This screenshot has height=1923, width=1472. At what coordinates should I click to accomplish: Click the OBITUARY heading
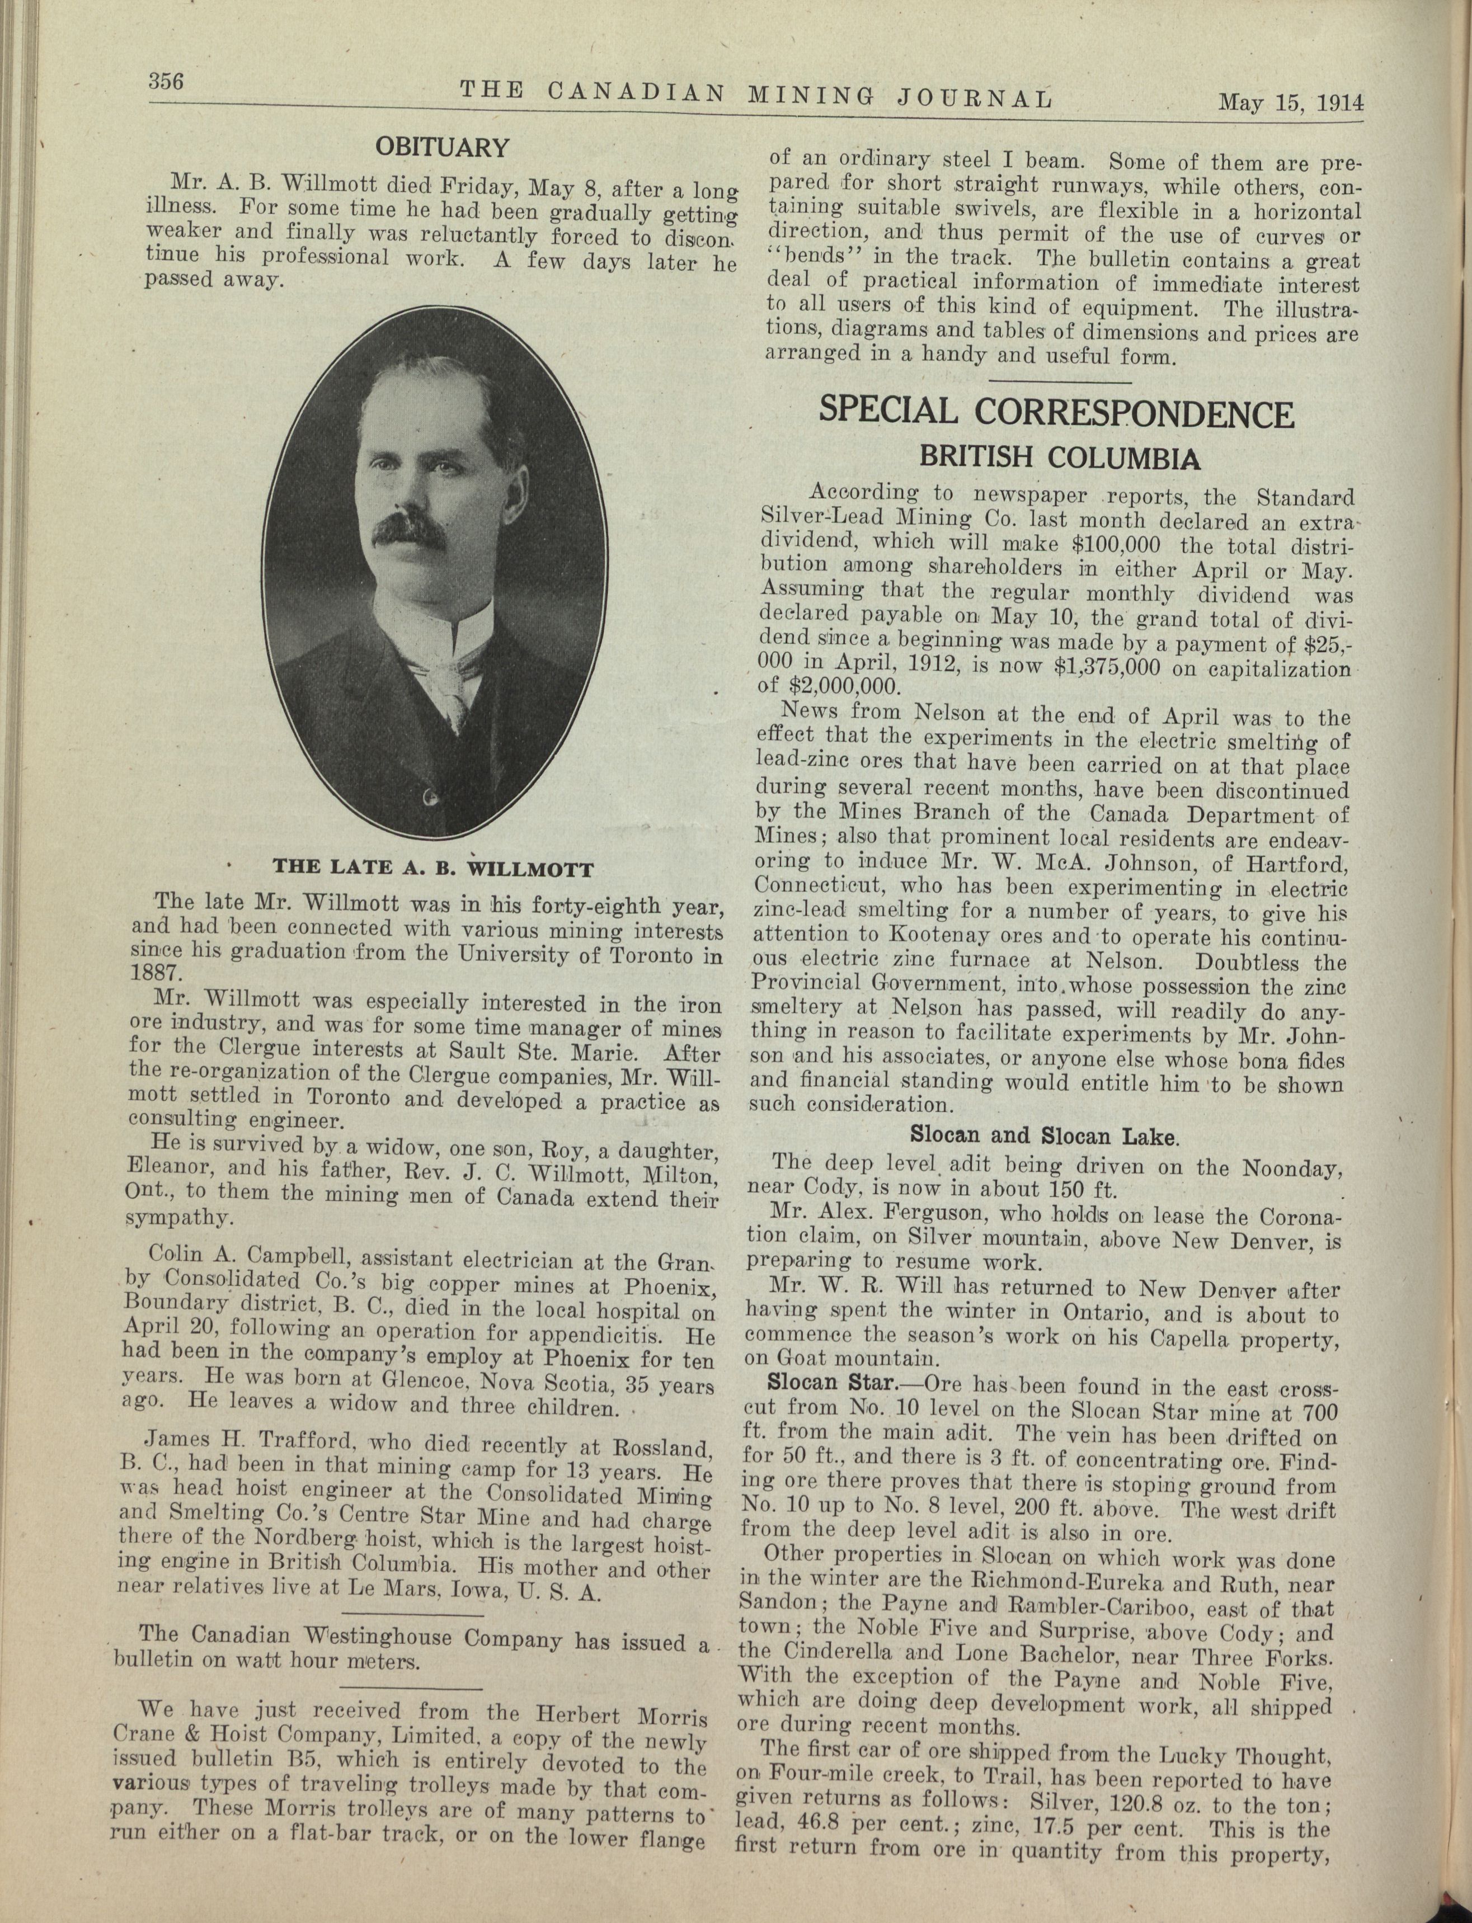click(x=443, y=147)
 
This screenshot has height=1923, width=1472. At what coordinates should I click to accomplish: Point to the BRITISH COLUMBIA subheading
click(x=1059, y=458)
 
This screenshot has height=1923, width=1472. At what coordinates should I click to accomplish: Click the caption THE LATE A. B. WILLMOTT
click(x=434, y=869)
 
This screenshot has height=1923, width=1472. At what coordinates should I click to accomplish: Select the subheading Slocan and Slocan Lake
click(x=1045, y=1136)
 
